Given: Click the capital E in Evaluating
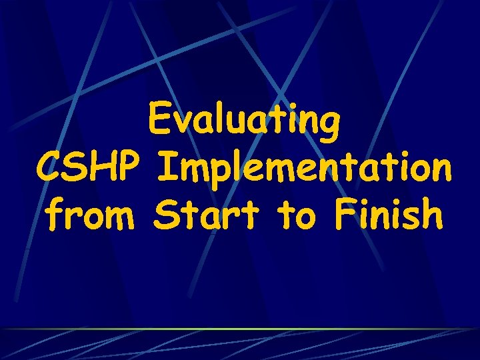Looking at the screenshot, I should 160,121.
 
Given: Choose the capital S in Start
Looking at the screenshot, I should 164,215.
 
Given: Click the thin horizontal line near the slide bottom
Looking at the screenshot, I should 240,329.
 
